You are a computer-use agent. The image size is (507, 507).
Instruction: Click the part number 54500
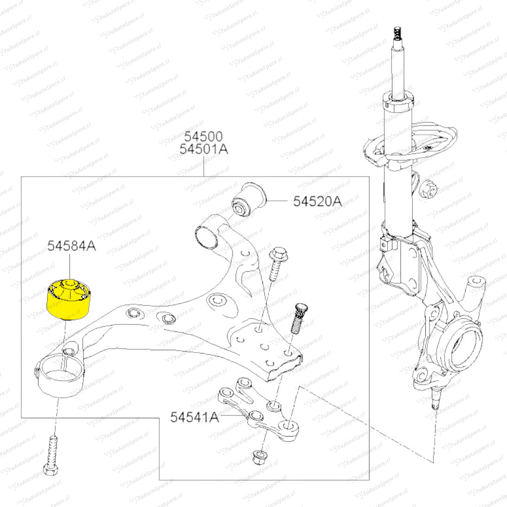point(203,137)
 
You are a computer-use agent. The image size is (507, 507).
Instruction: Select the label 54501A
point(203,150)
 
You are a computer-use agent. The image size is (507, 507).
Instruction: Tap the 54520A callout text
point(317,201)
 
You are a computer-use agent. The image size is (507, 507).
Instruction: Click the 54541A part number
point(194,417)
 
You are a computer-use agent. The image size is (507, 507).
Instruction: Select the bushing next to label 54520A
point(250,199)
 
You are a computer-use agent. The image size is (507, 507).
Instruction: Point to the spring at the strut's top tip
point(397,34)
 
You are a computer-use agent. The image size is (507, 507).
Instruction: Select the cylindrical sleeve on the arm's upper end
point(207,237)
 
